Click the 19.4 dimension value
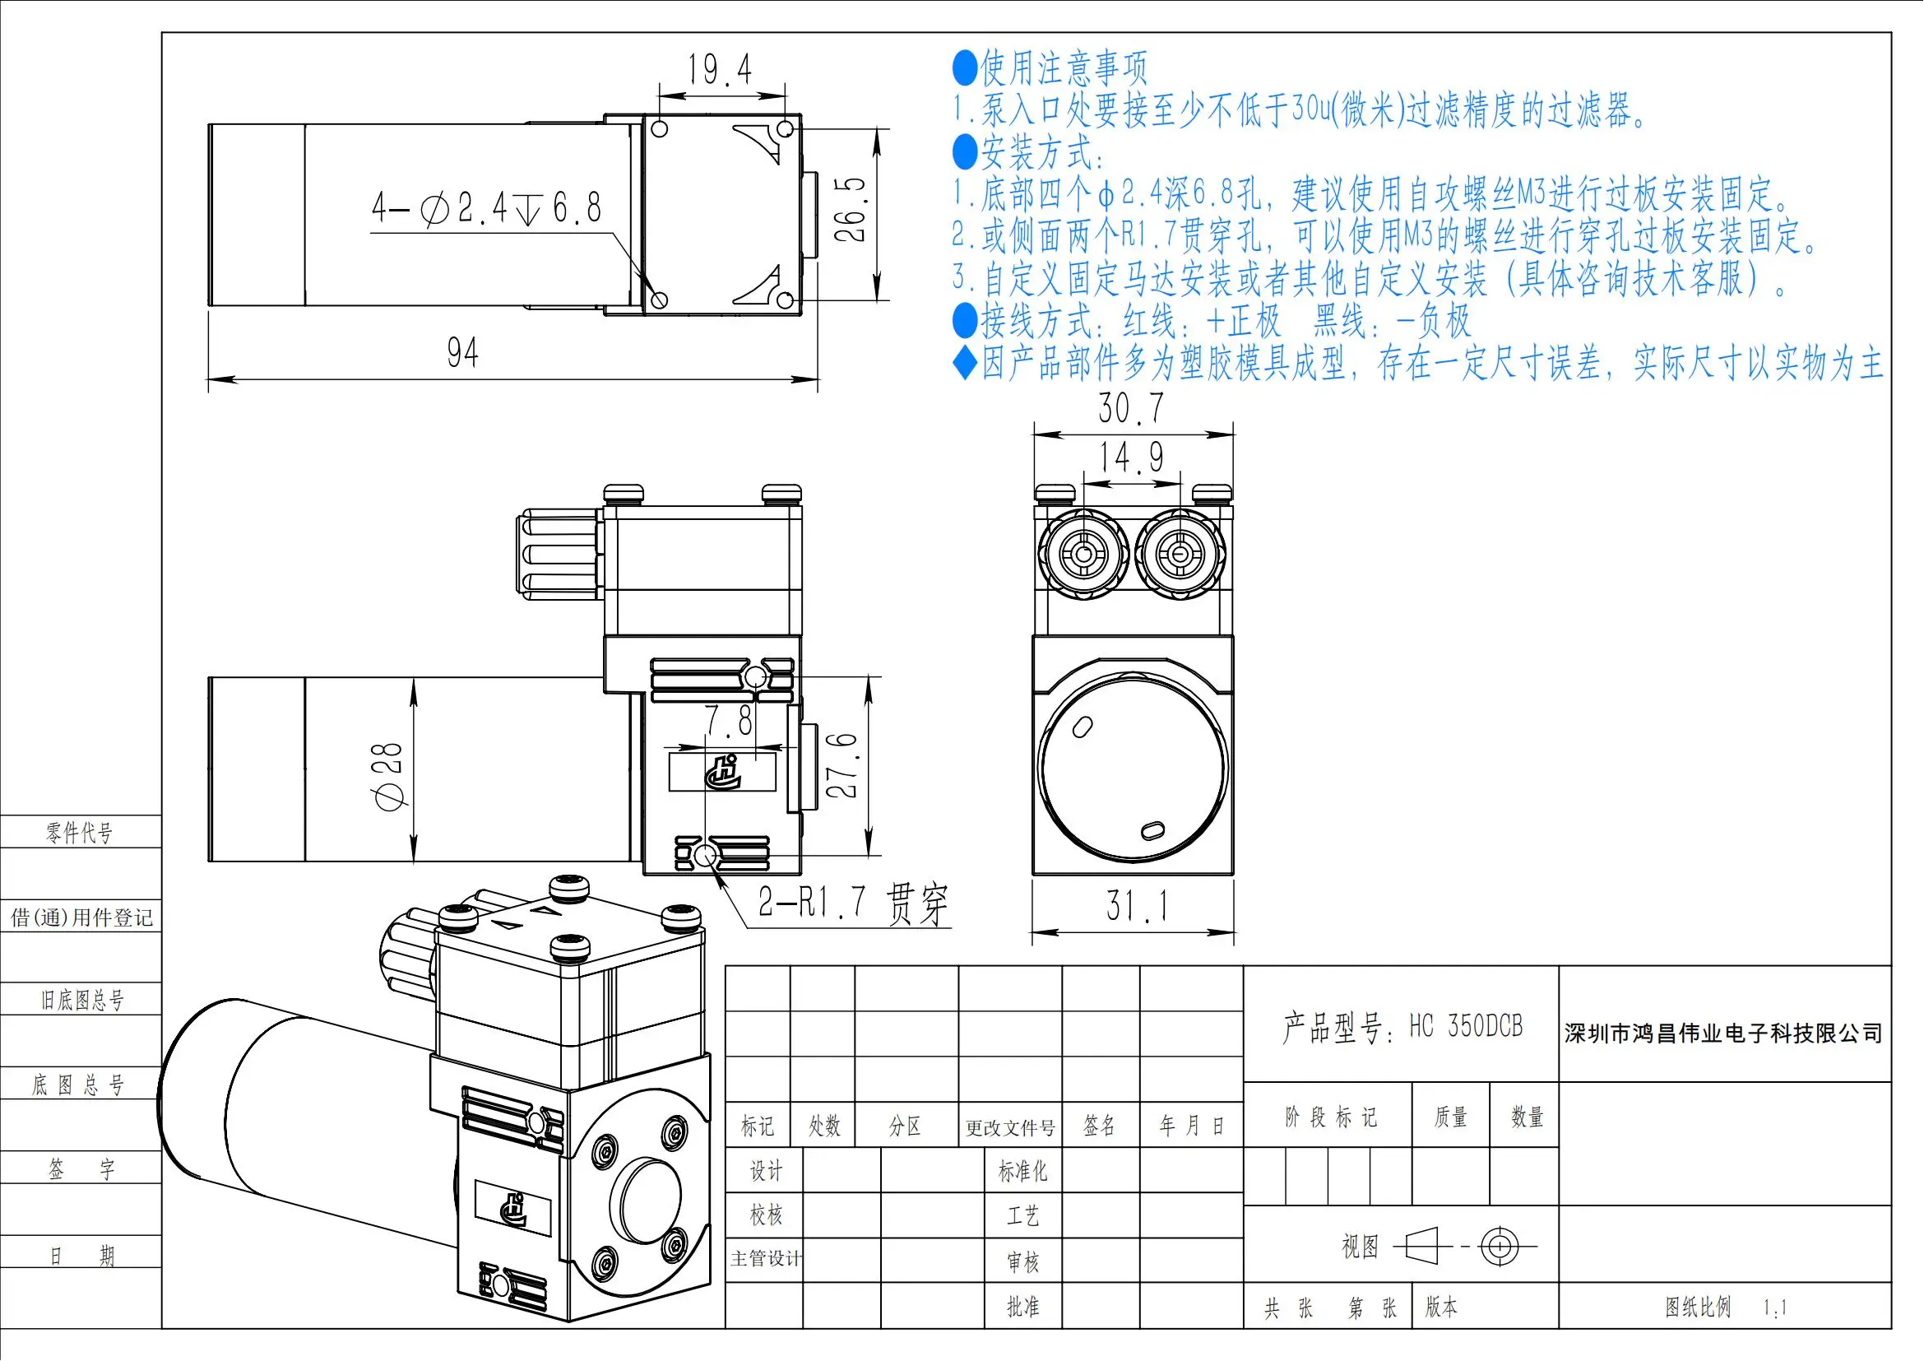pyautogui.click(x=720, y=69)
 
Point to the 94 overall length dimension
pyautogui.click(x=462, y=353)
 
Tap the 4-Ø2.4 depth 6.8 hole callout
pyautogui.click(x=487, y=208)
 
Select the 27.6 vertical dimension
pyautogui.click(x=842, y=765)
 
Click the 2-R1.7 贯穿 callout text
pyautogui.click(x=853, y=903)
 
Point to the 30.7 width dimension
pyautogui.click(x=1131, y=408)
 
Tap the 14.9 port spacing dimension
pyautogui.click(x=1131, y=458)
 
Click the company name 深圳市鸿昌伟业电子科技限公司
pyautogui.click(x=1724, y=1034)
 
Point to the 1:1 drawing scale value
pyautogui.click(x=1775, y=1308)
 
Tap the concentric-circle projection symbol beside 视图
pyautogui.click(x=1500, y=1246)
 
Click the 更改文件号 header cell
pyautogui.click(x=1010, y=1127)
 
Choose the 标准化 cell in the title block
pyautogui.click(x=1022, y=1171)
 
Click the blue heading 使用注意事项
pyautogui.click(x=1064, y=67)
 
